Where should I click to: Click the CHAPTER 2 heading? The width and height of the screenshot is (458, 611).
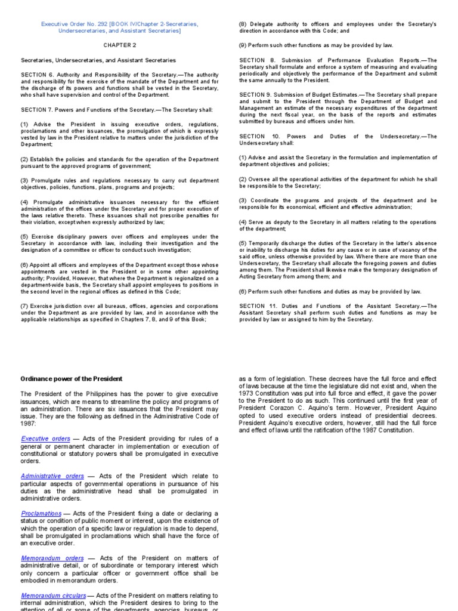point(119,45)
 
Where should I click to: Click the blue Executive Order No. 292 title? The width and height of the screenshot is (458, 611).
point(119,27)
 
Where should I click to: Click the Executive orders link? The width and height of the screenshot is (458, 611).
point(45,439)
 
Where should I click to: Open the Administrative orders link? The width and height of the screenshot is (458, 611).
point(52,476)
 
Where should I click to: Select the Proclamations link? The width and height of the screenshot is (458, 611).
point(41,513)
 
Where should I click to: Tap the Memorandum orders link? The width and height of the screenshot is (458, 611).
point(52,558)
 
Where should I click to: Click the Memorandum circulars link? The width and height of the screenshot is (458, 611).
point(54,595)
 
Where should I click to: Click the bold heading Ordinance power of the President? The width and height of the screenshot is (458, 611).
point(72,379)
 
